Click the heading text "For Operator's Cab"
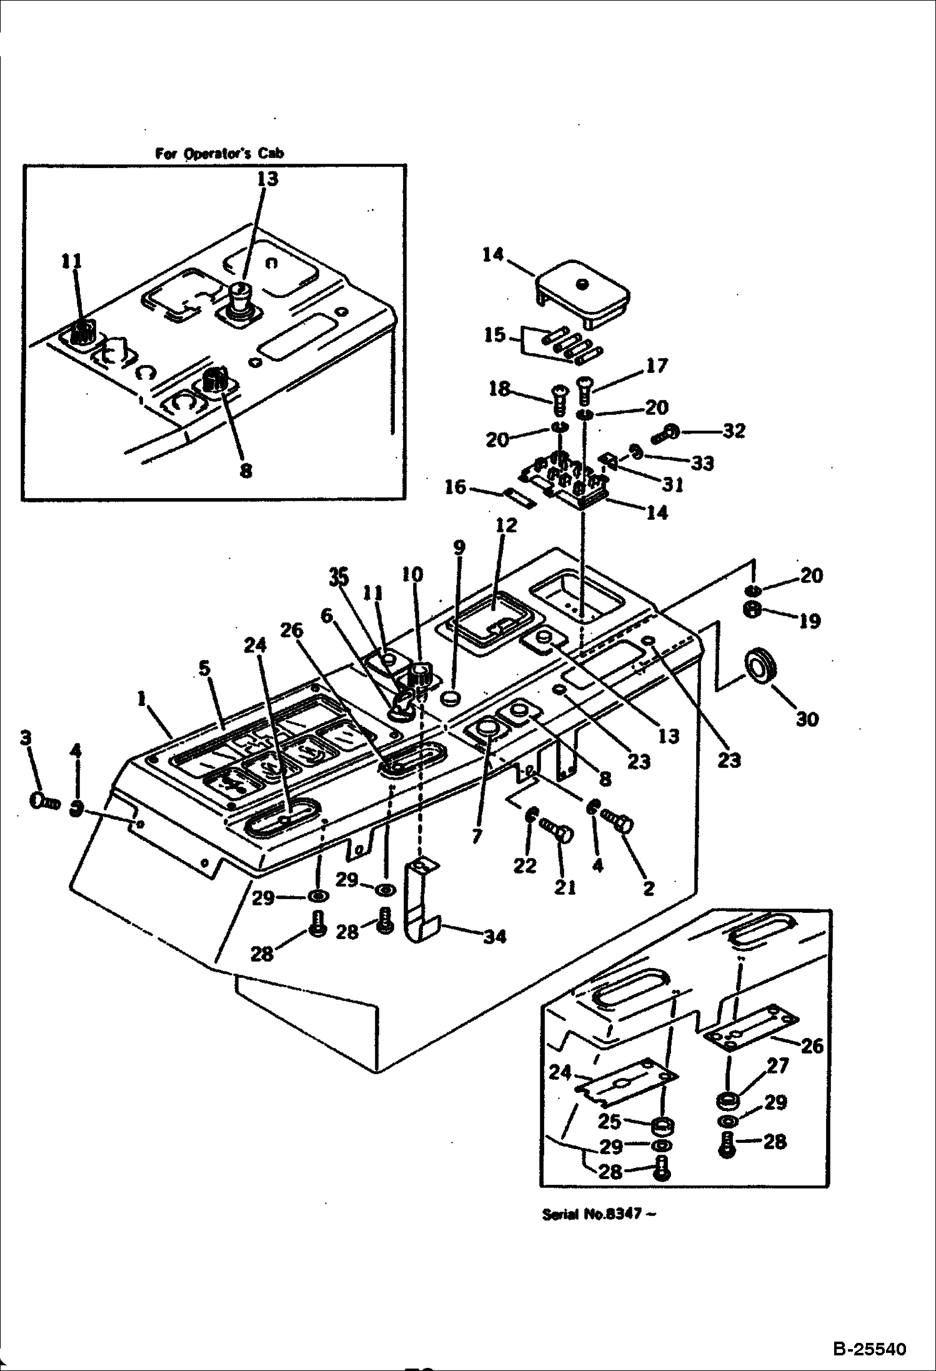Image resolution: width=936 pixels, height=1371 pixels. [x=220, y=154]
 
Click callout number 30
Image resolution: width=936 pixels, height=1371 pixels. [x=807, y=719]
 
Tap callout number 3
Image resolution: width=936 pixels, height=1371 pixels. [x=25, y=738]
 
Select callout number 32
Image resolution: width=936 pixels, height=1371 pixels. [x=734, y=431]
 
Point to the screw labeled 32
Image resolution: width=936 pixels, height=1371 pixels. [x=666, y=432]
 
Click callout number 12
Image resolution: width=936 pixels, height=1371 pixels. [x=506, y=526]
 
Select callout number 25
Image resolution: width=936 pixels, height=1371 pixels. [x=609, y=1122]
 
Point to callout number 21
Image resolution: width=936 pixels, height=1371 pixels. [x=565, y=887]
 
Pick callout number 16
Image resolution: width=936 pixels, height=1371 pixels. [x=456, y=486]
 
